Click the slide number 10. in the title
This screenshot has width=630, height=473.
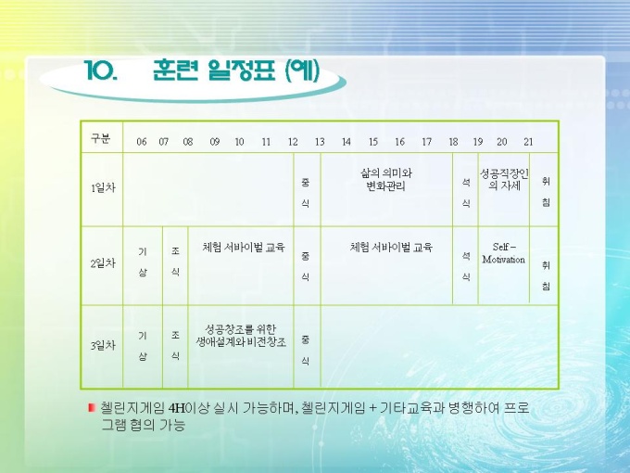click(x=101, y=70)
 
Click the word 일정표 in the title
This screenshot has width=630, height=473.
click(x=242, y=70)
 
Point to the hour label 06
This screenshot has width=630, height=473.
click(x=142, y=142)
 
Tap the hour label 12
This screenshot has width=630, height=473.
click(x=293, y=142)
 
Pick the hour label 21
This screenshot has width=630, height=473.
click(x=528, y=142)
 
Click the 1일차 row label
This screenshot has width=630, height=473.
click(x=103, y=188)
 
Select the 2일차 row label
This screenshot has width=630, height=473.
click(x=103, y=263)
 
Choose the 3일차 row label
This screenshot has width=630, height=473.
click(x=103, y=346)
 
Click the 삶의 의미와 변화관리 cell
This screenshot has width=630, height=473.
click(x=386, y=180)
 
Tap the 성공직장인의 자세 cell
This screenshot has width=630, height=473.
click(x=504, y=179)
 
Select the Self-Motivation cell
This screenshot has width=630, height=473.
click(x=504, y=253)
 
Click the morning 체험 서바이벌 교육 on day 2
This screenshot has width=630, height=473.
click(x=244, y=247)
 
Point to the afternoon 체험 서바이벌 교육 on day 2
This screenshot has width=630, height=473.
click(x=391, y=247)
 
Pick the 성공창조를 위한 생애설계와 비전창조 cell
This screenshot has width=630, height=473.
click(x=241, y=336)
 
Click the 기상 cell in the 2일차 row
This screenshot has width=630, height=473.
click(x=143, y=262)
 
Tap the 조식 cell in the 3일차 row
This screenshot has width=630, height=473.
click(x=175, y=346)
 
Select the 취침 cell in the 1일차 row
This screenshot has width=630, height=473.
click(x=546, y=192)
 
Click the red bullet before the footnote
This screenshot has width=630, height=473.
click(x=91, y=408)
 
